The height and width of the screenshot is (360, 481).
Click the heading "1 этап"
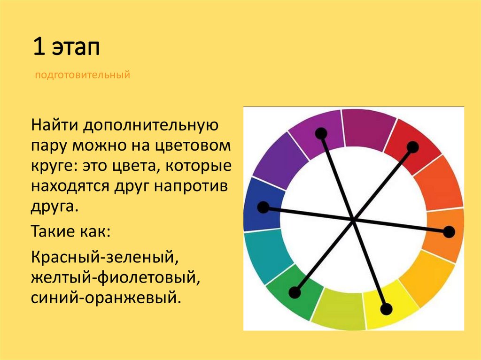click(x=66, y=48)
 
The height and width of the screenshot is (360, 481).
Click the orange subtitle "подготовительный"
click(x=83, y=75)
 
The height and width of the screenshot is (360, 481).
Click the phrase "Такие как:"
click(x=70, y=231)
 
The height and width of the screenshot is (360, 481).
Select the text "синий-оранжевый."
click(x=106, y=298)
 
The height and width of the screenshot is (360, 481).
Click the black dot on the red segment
click(x=412, y=147)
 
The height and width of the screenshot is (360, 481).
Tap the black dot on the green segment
click(x=295, y=293)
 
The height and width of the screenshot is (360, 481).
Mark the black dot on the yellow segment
click(x=386, y=309)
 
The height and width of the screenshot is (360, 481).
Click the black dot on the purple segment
click(x=321, y=134)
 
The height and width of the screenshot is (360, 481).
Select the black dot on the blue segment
click(x=264, y=207)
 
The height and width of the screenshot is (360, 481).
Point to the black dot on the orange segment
click(x=449, y=231)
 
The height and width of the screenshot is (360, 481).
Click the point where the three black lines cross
click(x=354, y=219)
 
